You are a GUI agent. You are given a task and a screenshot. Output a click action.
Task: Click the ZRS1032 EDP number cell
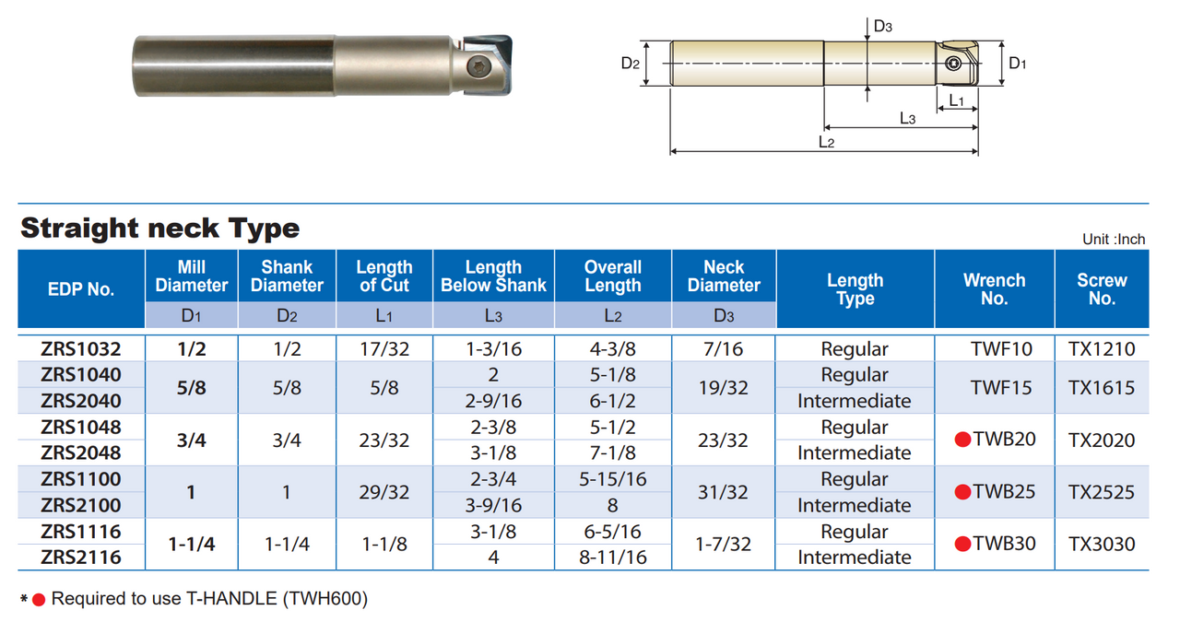81,349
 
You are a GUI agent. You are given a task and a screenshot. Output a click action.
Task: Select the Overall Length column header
613,276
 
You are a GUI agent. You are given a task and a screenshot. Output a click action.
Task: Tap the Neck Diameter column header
724,276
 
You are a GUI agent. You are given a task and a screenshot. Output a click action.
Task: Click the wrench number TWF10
995,349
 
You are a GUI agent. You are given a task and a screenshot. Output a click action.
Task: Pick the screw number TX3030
1102,544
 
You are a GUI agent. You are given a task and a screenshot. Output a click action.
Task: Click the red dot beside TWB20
962,440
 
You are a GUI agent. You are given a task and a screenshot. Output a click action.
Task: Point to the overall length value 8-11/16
613,557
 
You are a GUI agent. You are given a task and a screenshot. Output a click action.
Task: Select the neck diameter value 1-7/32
724,544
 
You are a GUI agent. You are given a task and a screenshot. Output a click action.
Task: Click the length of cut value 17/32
384,349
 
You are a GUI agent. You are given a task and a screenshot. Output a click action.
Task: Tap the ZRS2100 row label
81,505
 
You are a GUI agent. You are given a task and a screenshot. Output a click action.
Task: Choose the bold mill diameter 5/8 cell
191,388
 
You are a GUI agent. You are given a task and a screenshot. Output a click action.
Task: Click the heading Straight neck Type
159,228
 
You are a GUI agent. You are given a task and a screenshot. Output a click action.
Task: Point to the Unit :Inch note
1114,240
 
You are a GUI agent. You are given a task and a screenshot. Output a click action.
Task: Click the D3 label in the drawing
882,27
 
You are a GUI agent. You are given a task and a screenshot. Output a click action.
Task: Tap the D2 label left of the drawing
631,63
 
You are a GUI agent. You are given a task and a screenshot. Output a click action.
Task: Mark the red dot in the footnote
39,600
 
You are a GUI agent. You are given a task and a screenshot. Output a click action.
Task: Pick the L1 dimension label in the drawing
956,100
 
